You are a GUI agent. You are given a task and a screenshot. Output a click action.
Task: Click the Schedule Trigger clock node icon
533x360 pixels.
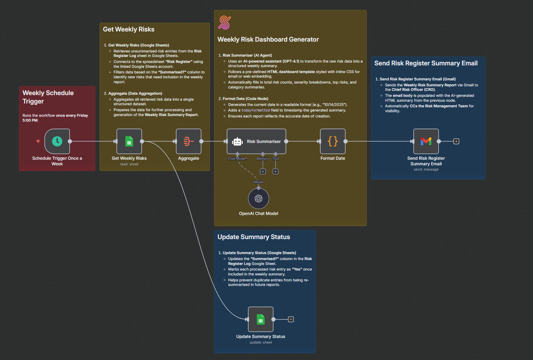(57, 141)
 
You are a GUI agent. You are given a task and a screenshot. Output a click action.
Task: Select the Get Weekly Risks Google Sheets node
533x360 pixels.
(129, 141)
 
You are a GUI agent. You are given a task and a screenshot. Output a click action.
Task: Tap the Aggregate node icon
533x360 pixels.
(189, 141)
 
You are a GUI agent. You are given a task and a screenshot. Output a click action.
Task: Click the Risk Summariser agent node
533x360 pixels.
(256, 141)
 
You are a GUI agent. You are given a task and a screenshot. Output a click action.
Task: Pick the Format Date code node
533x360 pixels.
(333, 141)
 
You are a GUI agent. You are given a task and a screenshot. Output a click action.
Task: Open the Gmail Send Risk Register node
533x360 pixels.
(426, 141)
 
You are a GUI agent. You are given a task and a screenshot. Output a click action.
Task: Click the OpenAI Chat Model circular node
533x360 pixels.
(258, 199)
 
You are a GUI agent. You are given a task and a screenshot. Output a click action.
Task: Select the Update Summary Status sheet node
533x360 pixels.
(261, 319)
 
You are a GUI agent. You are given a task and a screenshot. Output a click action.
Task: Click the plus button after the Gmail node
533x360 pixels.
(456, 141)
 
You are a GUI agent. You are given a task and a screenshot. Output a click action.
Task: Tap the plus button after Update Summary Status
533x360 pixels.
(291, 319)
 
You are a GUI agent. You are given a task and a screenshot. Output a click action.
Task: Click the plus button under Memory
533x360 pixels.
(263, 171)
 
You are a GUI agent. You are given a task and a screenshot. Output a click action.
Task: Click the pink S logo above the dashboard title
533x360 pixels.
(225, 23)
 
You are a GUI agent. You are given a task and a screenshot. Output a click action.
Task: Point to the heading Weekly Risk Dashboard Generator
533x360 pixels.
(268, 39)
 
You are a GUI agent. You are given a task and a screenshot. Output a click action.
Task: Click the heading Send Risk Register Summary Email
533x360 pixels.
(426, 63)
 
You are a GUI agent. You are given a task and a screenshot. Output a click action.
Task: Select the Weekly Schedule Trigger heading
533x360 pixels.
(48, 97)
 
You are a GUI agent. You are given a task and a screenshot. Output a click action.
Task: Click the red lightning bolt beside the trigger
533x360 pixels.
(38, 141)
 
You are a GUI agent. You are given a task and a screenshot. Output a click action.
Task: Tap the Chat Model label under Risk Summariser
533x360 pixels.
(237, 159)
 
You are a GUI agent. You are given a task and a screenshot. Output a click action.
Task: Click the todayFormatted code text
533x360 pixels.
(255, 110)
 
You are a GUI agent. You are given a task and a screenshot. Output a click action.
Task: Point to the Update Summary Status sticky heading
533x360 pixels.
(254, 237)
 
